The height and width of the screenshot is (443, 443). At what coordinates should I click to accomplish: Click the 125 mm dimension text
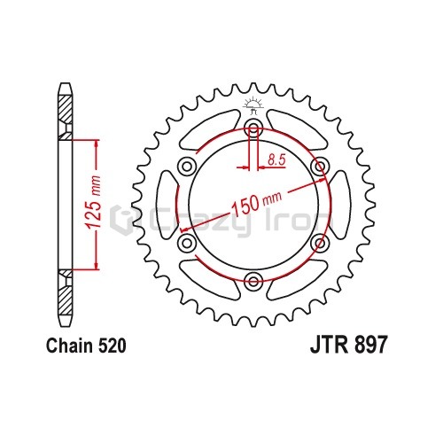coord(94,203)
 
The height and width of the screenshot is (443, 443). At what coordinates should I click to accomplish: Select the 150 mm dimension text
coord(256,202)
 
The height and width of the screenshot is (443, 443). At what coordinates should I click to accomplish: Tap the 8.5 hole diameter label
coord(276,159)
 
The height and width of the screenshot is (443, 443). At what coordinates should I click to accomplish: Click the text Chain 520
coord(86,346)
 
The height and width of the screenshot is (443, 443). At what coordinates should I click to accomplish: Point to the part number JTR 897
coord(348,346)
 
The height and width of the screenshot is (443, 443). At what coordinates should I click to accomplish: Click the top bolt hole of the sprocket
coord(253,128)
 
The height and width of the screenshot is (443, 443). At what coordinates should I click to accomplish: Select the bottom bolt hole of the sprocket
coord(253,281)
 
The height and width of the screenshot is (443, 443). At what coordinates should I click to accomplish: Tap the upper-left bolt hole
coord(187,167)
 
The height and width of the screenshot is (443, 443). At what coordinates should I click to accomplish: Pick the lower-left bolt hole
coord(187,243)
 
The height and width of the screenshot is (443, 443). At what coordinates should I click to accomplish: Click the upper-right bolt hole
coord(320,167)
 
